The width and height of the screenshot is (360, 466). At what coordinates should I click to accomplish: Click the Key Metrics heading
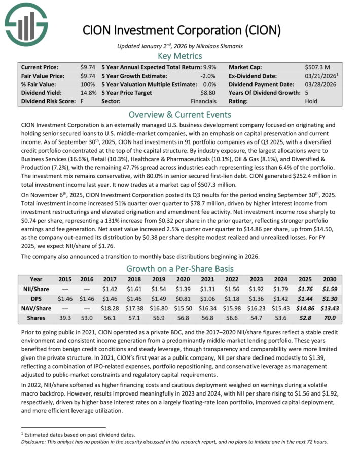point(180,56)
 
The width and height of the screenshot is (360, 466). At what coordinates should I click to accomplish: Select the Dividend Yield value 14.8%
point(89,93)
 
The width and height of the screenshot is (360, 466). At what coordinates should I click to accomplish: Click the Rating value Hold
point(312,101)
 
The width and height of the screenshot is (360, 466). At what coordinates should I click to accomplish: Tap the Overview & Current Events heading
point(180,114)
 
